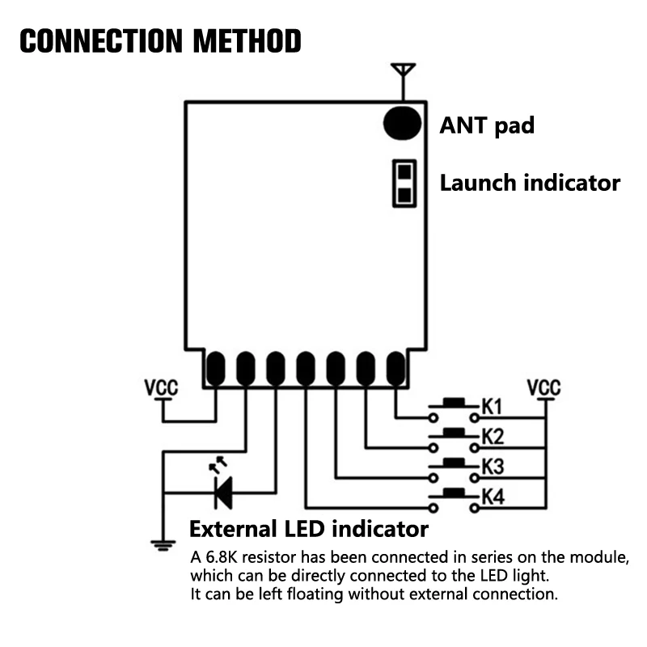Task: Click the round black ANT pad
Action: coord(402,122)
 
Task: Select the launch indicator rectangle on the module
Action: coord(404,184)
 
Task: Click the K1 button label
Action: coord(493,407)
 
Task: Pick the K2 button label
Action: coord(493,437)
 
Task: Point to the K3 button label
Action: coord(493,467)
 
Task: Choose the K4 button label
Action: coord(493,497)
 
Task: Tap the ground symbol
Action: coord(163,544)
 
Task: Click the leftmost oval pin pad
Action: coord(215,369)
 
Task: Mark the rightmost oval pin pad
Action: coord(395,369)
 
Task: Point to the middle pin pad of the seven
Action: coord(305,369)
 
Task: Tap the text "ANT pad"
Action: coord(487,125)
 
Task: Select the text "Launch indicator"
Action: coord(530,182)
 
